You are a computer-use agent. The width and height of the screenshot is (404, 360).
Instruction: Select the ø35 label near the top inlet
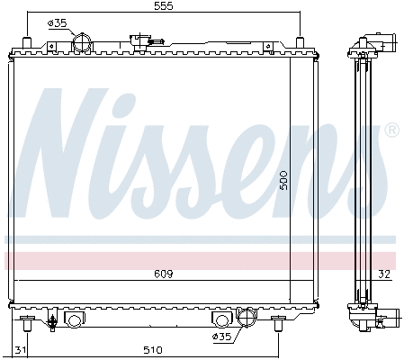[57, 22]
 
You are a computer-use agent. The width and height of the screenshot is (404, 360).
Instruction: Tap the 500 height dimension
[282, 181]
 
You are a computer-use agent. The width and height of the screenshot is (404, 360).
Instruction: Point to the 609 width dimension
[164, 273]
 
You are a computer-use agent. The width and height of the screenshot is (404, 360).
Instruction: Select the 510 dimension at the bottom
[152, 349]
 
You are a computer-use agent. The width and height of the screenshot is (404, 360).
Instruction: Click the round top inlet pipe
[83, 42]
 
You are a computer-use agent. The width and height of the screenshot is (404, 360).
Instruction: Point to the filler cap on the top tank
[140, 40]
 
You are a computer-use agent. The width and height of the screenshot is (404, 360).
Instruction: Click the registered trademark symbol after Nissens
[391, 131]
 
